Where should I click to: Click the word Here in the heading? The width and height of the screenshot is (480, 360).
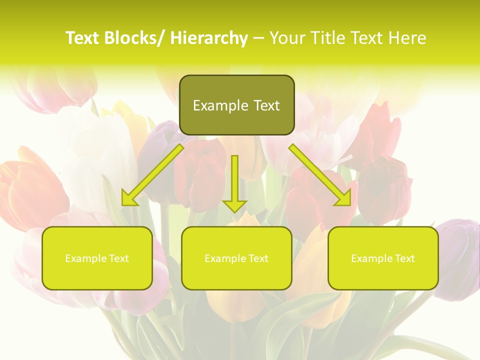(407, 38)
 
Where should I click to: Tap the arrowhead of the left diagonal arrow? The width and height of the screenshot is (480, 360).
(129, 199)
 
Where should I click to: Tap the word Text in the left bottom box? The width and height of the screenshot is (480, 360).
(119, 258)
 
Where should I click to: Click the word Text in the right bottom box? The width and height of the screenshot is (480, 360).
(405, 258)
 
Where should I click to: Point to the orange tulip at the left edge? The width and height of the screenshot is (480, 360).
(25, 190)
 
